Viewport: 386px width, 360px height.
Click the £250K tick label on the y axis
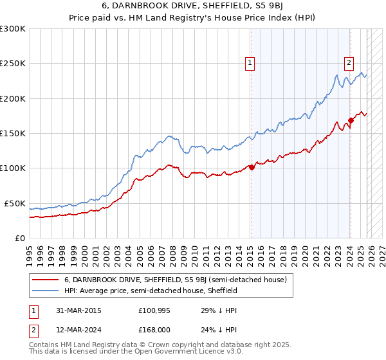point(13,64)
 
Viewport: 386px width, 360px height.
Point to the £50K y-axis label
point(15,203)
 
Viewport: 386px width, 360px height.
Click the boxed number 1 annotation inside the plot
point(249,63)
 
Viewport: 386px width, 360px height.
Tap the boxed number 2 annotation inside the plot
point(349,63)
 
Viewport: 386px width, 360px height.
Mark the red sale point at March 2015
point(252,168)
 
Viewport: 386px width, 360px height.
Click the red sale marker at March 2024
point(351,120)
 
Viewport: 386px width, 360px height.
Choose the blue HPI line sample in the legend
point(45,291)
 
